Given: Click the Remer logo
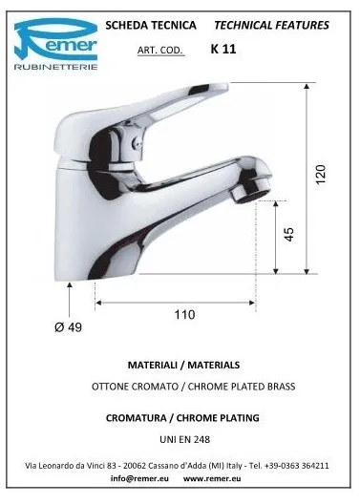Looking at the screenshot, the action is coord(55,44).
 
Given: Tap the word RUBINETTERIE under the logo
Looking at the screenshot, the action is coord(55,67).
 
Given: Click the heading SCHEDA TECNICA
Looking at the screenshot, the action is coord(151,25).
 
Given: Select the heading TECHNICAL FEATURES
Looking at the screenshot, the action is coord(271,25).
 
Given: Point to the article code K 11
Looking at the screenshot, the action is coord(223,49).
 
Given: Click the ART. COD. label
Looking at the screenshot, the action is coord(160,51).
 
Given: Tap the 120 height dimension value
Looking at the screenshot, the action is coord(321,175).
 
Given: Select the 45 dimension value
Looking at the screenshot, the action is coord(289,234).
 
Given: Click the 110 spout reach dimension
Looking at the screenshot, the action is coord(184,314).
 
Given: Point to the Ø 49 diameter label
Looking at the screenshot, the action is coord(68,327).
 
